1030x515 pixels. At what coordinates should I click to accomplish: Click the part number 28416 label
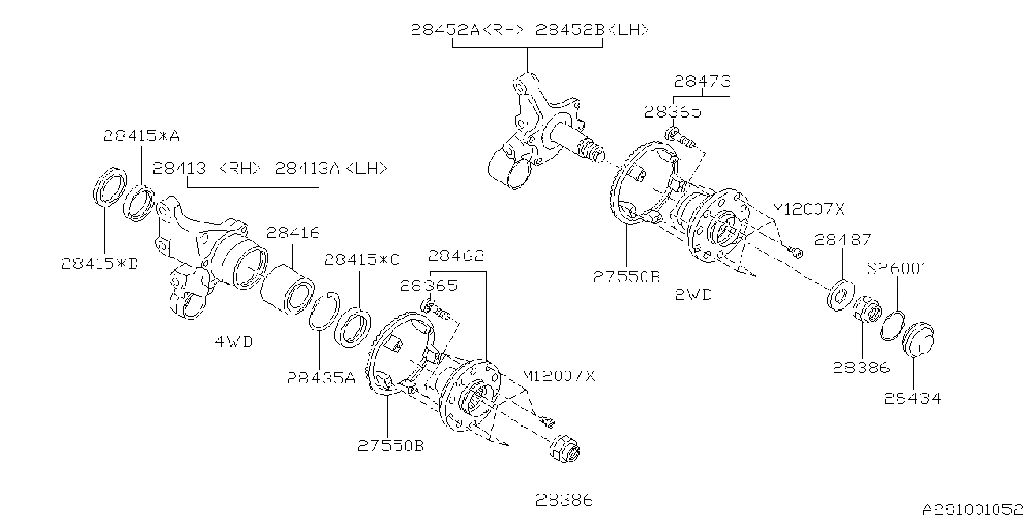click(293, 233)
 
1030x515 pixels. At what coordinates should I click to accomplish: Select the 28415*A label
click(141, 136)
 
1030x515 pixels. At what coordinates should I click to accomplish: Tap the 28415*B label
click(99, 263)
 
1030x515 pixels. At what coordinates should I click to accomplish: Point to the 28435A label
click(321, 378)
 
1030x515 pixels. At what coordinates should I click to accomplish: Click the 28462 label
click(456, 256)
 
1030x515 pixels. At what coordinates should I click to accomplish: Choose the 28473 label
click(702, 80)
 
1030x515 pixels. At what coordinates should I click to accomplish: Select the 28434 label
click(912, 398)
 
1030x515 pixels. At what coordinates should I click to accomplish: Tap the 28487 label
click(842, 240)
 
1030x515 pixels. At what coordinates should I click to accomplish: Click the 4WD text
click(235, 342)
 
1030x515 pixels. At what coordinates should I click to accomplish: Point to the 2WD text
click(693, 295)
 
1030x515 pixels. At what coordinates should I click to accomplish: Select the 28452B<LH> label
click(592, 30)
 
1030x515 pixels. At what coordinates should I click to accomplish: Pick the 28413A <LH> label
click(331, 168)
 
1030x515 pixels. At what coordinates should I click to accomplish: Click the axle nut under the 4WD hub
click(565, 453)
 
